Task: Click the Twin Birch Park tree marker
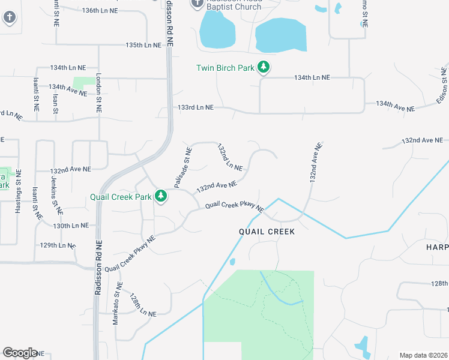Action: (x=264, y=67)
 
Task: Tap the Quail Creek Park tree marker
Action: (x=161, y=196)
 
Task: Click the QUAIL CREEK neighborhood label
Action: (x=267, y=232)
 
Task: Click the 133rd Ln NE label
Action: (x=196, y=107)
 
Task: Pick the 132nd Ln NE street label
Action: (x=230, y=157)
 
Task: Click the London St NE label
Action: (x=99, y=94)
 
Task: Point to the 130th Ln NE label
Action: (x=71, y=226)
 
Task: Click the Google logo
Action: (x=20, y=353)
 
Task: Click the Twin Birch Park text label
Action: (x=226, y=68)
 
